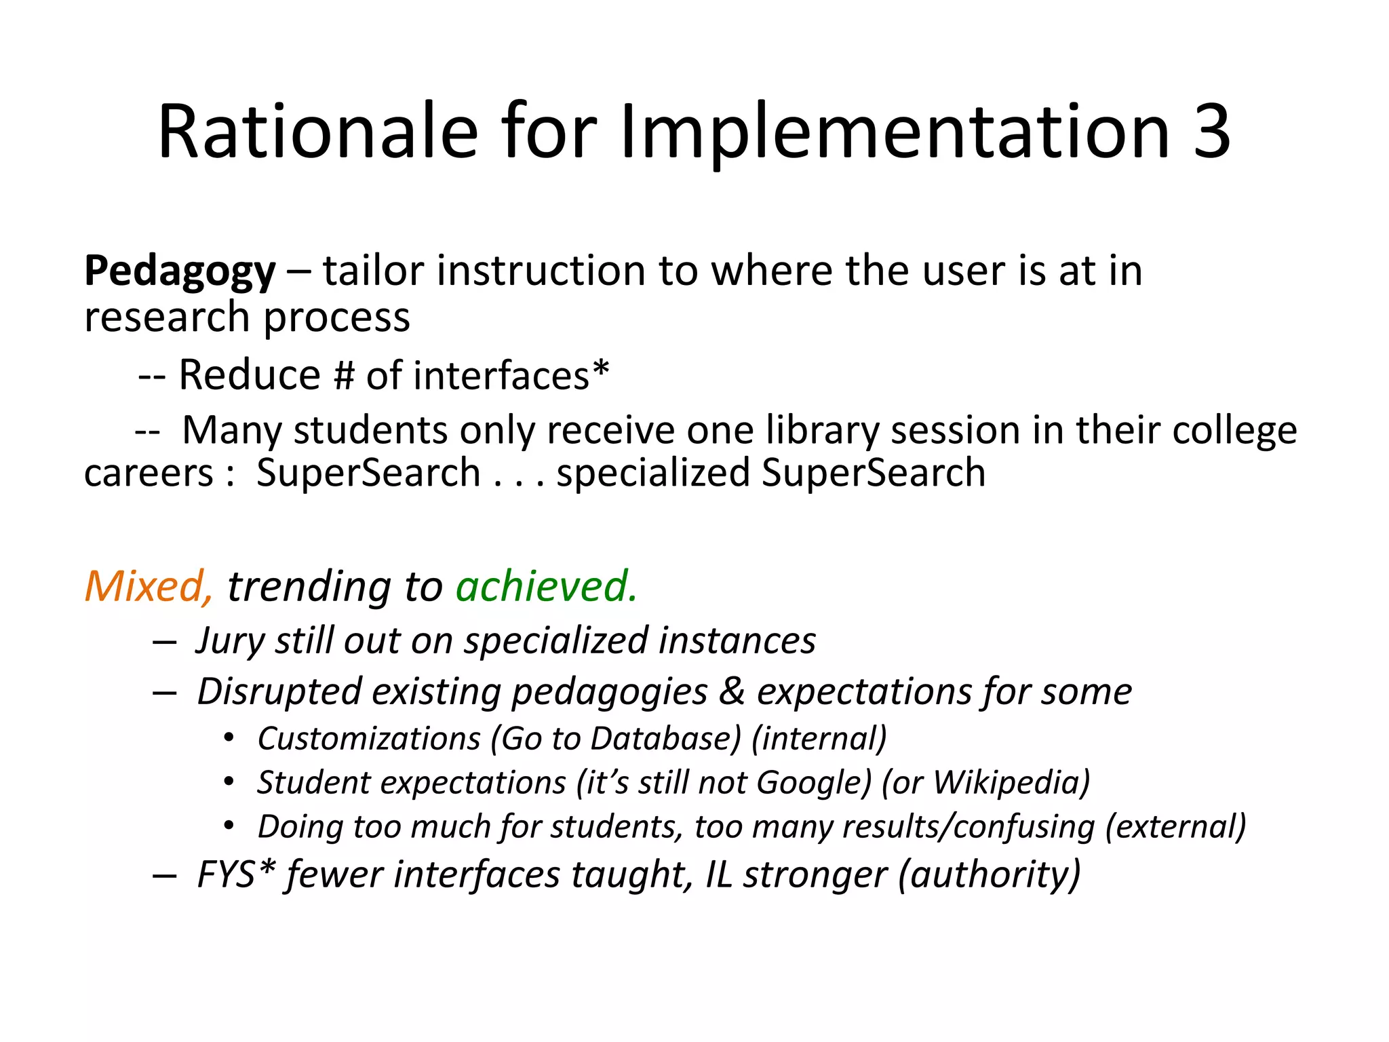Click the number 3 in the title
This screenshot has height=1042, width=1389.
[1211, 132]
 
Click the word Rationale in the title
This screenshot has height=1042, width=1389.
[317, 132]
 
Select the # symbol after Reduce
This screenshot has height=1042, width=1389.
[344, 377]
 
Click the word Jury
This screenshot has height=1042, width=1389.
[229, 641]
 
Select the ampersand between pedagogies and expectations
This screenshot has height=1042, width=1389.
[732, 692]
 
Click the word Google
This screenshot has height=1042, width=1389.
[813, 784]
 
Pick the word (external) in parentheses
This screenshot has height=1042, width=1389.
[1175, 828]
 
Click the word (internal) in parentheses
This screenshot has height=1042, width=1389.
[819, 739]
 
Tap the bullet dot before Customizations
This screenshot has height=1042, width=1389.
[229, 738]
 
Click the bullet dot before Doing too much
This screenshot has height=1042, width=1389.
[229, 826]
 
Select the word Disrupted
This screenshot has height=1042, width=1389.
[279, 692]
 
